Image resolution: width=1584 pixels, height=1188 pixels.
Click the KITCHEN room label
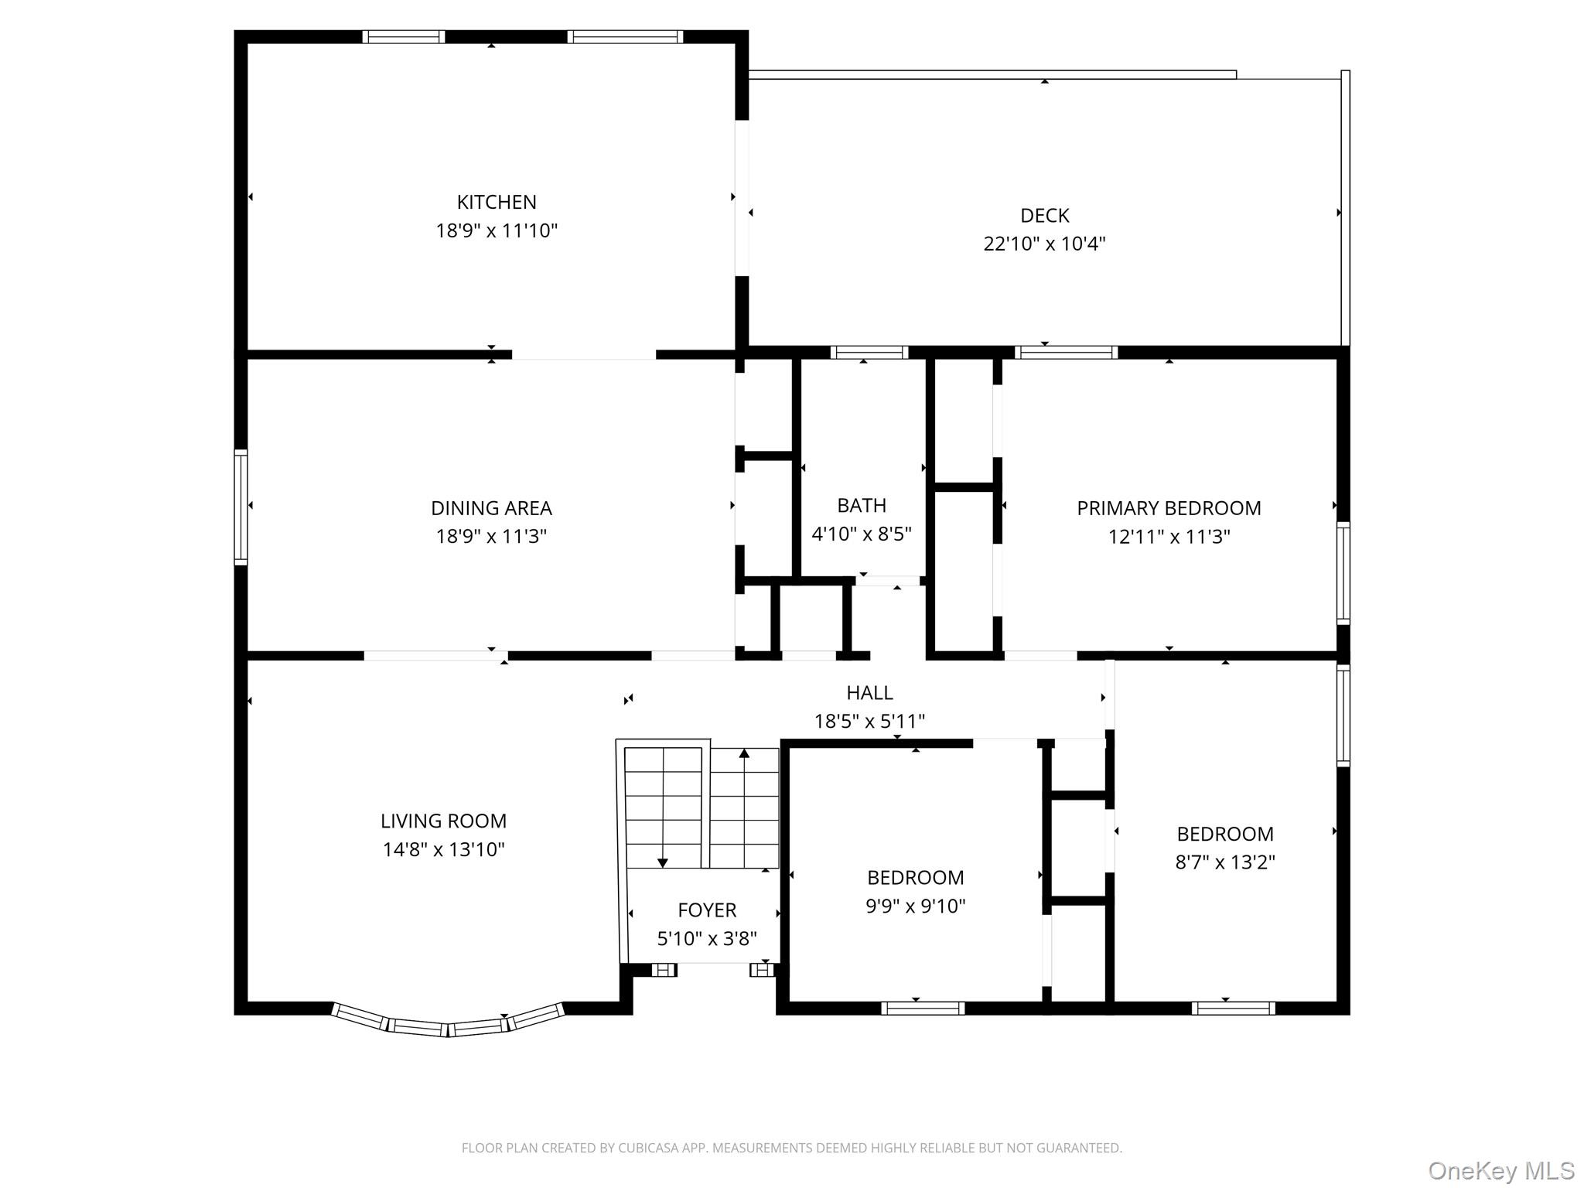point(497,203)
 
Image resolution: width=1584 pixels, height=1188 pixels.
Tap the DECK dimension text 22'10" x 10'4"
point(1044,244)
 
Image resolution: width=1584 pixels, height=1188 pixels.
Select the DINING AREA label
point(491,508)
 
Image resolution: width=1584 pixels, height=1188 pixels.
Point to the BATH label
point(862,506)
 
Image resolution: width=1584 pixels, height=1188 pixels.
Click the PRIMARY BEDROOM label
point(1169,508)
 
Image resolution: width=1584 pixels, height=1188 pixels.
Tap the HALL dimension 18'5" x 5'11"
point(869,722)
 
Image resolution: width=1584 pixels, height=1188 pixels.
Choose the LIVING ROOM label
point(443,821)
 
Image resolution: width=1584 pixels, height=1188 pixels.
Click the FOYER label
point(707,910)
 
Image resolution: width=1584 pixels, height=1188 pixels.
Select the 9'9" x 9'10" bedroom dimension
point(916,906)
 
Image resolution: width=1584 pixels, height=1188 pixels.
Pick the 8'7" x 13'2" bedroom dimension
point(1225,862)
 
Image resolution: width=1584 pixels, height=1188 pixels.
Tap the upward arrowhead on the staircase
point(744,753)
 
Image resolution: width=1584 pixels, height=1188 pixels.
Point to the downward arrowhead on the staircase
point(663,863)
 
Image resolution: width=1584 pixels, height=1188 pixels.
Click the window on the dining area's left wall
point(241,507)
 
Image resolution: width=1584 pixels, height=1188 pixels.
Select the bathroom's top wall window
point(869,353)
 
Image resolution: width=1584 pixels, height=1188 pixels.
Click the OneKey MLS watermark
point(1501,1171)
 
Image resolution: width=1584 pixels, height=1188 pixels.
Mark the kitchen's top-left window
point(404,36)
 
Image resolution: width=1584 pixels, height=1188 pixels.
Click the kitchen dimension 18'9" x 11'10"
point(497,231)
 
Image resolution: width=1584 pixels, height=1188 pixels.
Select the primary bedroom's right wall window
point(1343,573)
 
